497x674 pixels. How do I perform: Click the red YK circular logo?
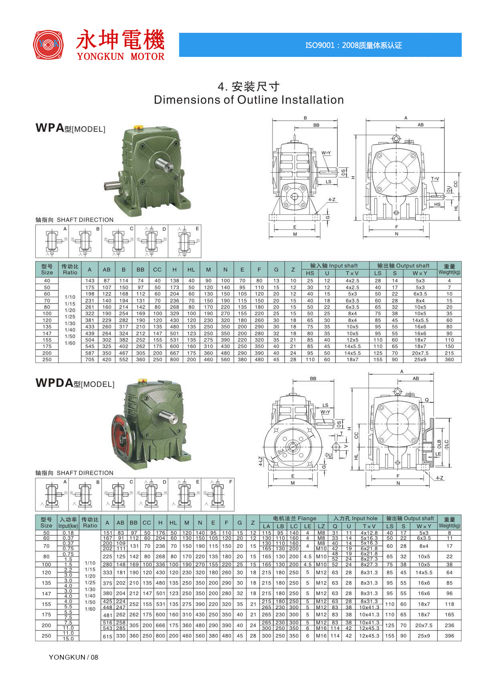pos(48,44)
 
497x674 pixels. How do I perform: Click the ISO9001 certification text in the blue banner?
pos(354,45)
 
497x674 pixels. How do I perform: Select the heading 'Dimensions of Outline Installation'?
pos(248,100)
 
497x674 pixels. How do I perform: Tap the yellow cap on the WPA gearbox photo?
pos(139,127)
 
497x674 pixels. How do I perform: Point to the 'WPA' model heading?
pos(50,128)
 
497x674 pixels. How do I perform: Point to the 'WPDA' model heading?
pos(54,383)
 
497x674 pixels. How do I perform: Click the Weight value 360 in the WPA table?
pos(449,360)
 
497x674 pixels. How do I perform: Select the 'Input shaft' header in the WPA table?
pos(334,266)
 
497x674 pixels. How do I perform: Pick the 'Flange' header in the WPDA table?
pos(295,518)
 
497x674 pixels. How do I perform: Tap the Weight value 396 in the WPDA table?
pos(449,636)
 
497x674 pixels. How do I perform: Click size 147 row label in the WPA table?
pos(47,333)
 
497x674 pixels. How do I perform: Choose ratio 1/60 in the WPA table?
pos(70,343)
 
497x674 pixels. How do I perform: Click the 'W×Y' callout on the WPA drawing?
pos(326,153)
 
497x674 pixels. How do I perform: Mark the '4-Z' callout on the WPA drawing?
pos(331,199)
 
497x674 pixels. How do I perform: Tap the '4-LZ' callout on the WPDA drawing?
pos(260,461)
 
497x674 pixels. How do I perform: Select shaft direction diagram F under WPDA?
pos(218,495)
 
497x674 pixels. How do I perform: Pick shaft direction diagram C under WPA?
pos(119,241)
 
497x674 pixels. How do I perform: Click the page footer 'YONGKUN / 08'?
pos(73,657)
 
